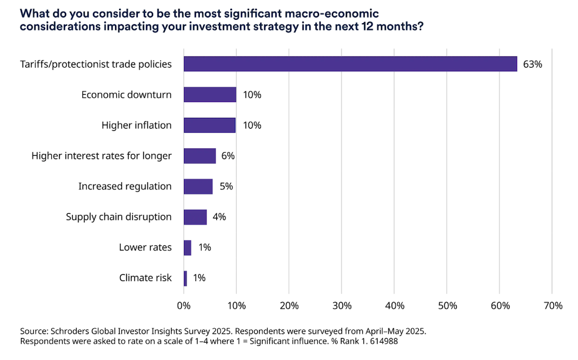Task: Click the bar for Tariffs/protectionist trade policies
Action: (350, 64)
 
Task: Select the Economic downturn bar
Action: (210, 94)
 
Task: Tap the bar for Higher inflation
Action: (209, 125)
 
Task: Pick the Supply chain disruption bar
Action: (195, 217)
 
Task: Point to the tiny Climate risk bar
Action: (185, 278)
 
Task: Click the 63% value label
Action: (532, 64)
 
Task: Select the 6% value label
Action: (227, 156)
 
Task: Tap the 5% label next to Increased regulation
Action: (226, 186)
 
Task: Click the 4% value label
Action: (219, 217)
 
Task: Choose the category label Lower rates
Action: (145, 247)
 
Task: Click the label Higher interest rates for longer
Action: (102, 156)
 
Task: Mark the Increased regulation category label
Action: (125, 186)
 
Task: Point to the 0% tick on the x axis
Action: (184, 306)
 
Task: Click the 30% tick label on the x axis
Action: (342, 306)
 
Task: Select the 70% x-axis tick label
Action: (553, 306)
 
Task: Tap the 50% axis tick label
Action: (447, 306)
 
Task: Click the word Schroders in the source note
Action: (71, 331)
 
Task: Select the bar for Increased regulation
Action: (198, 186)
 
